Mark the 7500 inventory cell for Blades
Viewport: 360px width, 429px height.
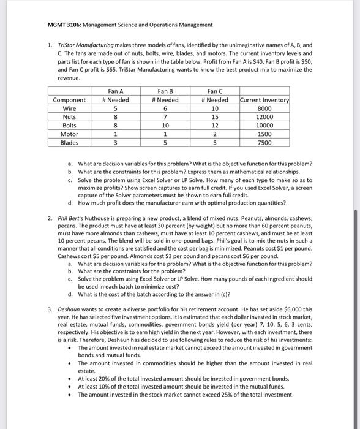pos(264,143)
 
